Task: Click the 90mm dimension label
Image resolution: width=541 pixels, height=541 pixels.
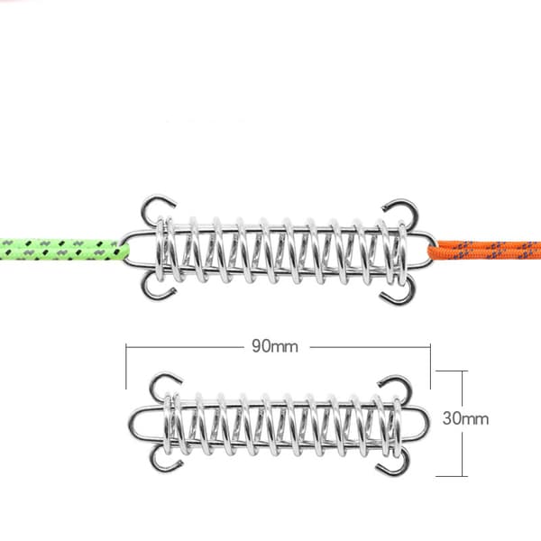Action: (x=275, y=346)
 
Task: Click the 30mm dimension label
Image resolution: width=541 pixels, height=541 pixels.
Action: (x=465, y=418)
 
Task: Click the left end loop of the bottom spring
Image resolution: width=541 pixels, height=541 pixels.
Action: (x=131, y=424)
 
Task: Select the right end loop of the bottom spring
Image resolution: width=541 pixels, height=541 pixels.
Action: (x=427, y=423)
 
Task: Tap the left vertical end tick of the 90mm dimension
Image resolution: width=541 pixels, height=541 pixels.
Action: (x=126, y=366)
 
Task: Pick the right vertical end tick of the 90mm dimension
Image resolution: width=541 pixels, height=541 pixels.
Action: (x=430, y=366)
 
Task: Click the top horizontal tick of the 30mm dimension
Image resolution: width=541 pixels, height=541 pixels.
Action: (x=452, y=371)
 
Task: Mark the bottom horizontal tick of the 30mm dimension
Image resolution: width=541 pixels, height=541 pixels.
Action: (x=452, y=476)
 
